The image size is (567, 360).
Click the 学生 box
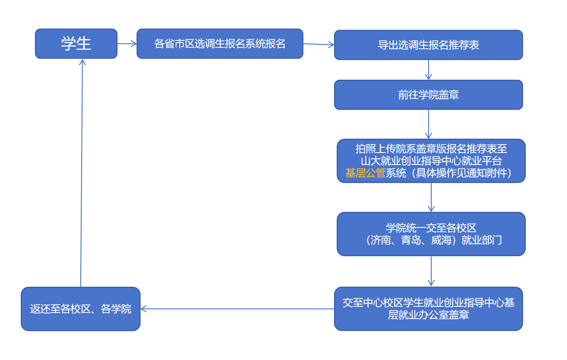click(76, 43)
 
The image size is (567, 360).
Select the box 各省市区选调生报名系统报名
click(220, 43)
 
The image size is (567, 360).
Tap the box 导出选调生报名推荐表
click(428, 45)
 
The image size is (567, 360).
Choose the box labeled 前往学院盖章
click(428, 94)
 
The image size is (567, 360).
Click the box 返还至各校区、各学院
click(80, 309)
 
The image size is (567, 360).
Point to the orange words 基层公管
click(365, 173)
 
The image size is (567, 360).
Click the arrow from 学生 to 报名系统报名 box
click(127, 43)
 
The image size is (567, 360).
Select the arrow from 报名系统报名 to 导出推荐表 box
click(318, 44)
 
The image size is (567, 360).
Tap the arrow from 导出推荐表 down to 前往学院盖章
click(429, 70)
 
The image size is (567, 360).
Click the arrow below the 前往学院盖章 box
click(429, 124)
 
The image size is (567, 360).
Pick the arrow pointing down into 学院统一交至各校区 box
click(431, 197)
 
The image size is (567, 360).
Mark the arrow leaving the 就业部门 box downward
click(431, 271)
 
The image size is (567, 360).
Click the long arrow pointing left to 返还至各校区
click(237, 309)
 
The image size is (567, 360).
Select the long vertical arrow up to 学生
click(82, 173)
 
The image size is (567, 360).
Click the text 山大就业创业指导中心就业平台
click(431, 161)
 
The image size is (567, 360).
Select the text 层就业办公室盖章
click(429, 315)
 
